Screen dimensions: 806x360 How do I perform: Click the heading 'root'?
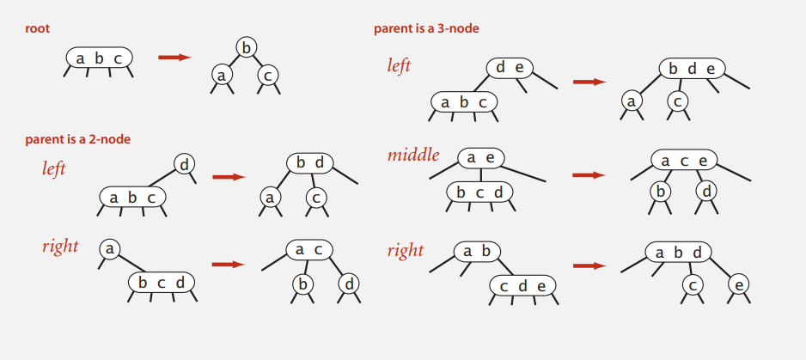tap(37, 28)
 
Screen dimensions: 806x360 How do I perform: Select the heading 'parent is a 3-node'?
tap(426, 28)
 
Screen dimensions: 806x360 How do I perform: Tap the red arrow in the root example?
tap(174, 58)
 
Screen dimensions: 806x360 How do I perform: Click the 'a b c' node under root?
tap(100, 58)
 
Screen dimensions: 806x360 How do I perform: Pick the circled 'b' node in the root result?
tap(247, 48)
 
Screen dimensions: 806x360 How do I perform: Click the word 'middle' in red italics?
tap(413, 156)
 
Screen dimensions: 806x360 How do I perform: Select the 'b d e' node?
tap(692, 69)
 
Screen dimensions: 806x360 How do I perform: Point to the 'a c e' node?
tap(684, 161)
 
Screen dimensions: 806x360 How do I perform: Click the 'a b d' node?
tap(678, 253)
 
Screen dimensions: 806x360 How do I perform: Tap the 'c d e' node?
tap(522, 285)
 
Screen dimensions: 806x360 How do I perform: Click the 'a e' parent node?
tap(480, 158)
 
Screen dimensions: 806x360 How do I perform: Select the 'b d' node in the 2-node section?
tap(309, 162)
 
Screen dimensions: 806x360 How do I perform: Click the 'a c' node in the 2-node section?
tap(308, 249)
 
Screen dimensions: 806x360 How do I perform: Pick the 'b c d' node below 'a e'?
tap(479, 192)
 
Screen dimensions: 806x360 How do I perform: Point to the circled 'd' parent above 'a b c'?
tap(185, 163)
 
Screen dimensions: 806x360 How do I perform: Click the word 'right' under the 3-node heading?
tap(406, 250)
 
